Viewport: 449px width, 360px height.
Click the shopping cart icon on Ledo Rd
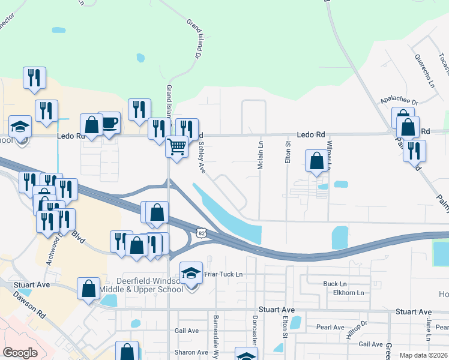tap(176, 145)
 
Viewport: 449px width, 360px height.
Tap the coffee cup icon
tap(109, 122)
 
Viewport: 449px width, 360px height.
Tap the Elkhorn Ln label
tap(348, 293)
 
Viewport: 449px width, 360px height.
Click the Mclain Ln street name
tap(261, 155)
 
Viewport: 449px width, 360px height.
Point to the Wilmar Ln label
tap(330, 155)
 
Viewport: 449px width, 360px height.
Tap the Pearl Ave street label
tap(330, 328)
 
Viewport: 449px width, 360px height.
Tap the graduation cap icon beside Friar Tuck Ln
tap(191, 273)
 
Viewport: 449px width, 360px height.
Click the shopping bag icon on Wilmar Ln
tap(316, 160)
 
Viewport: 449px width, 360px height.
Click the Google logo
tap(20, 353)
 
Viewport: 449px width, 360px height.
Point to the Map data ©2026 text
tap(423, 355)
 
